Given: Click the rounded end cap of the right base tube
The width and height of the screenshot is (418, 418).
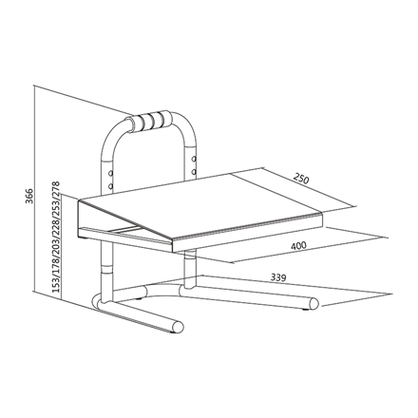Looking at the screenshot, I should (x=312, y=305).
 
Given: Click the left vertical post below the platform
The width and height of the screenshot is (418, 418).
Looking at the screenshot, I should (x=102, y=271).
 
